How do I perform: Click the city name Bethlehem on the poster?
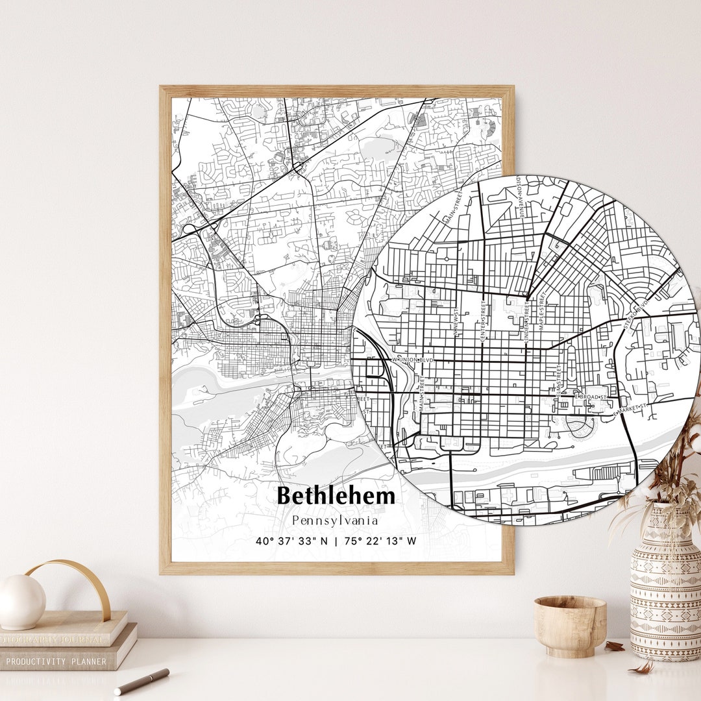(336, 496)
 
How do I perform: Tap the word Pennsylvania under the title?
(336, 521)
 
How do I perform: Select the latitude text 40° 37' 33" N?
(293, 541)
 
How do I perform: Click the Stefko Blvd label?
(635, 315)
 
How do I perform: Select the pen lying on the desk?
(141, 681)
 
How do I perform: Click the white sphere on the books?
(22, 601)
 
